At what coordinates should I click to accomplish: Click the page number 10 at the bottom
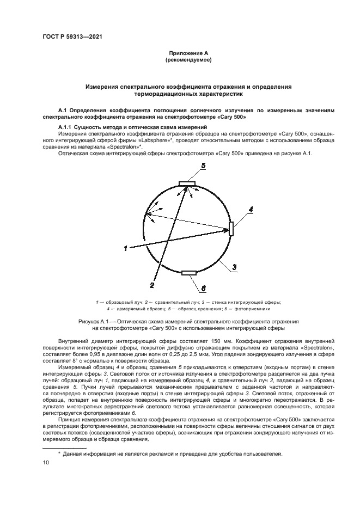(46, 463)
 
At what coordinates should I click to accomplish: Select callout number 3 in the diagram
(234, 267)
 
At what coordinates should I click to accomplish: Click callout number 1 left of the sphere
(125, 248)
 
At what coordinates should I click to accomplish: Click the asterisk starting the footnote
(60, 452)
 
